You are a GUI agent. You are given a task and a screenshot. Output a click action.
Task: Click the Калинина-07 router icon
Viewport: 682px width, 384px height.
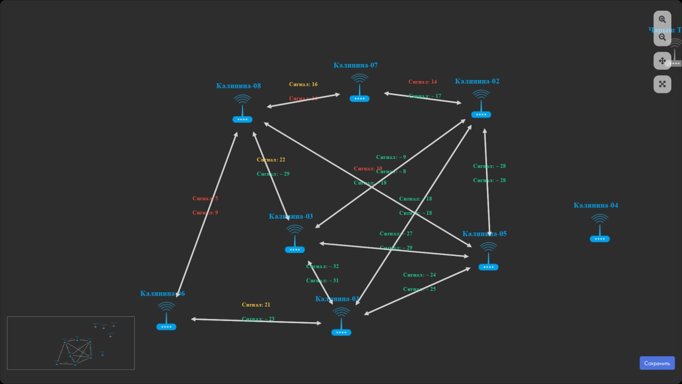click(360, 89)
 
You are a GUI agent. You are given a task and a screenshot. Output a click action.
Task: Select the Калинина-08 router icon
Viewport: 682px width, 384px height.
click(242, 109)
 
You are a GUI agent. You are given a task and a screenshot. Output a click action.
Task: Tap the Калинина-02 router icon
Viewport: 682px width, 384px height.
click(481, 105)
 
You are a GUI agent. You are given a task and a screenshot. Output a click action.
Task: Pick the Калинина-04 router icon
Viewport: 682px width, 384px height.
click(599, 229)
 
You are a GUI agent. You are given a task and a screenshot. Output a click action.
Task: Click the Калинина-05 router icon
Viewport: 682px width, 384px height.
click(488, 257)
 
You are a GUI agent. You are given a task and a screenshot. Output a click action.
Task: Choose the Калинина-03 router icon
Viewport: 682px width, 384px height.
click(295, 239)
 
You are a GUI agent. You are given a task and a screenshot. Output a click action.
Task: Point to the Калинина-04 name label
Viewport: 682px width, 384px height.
click(596, 205)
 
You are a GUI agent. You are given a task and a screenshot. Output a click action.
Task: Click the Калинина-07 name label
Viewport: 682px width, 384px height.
click(355, 65)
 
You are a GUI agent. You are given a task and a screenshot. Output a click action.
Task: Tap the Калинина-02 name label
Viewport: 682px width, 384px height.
click(477, 81)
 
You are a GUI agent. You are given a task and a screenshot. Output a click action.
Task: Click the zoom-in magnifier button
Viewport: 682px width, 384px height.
click(662, 20)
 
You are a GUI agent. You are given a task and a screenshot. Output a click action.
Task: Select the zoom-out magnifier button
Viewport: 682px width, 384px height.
click(662, 37)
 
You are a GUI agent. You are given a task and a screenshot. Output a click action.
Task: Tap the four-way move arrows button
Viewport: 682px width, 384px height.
click(662, 61)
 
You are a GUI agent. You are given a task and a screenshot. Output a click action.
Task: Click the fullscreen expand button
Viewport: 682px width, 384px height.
click(662, 84)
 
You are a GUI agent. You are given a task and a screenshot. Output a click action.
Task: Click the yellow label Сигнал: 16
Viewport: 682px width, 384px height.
click(303, 84)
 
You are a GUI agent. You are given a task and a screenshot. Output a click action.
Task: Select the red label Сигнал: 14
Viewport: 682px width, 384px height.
click(423, 82)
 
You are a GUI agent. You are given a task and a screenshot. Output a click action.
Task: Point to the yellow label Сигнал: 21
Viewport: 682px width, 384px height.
click(256, 305)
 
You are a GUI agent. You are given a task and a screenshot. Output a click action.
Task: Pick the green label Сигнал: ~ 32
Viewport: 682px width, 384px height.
click(322, 266)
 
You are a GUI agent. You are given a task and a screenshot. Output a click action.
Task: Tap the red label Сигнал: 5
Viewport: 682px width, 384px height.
click(205, 198)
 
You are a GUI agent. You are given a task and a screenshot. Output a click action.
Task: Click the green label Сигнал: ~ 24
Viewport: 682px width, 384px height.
click(419, 275)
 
